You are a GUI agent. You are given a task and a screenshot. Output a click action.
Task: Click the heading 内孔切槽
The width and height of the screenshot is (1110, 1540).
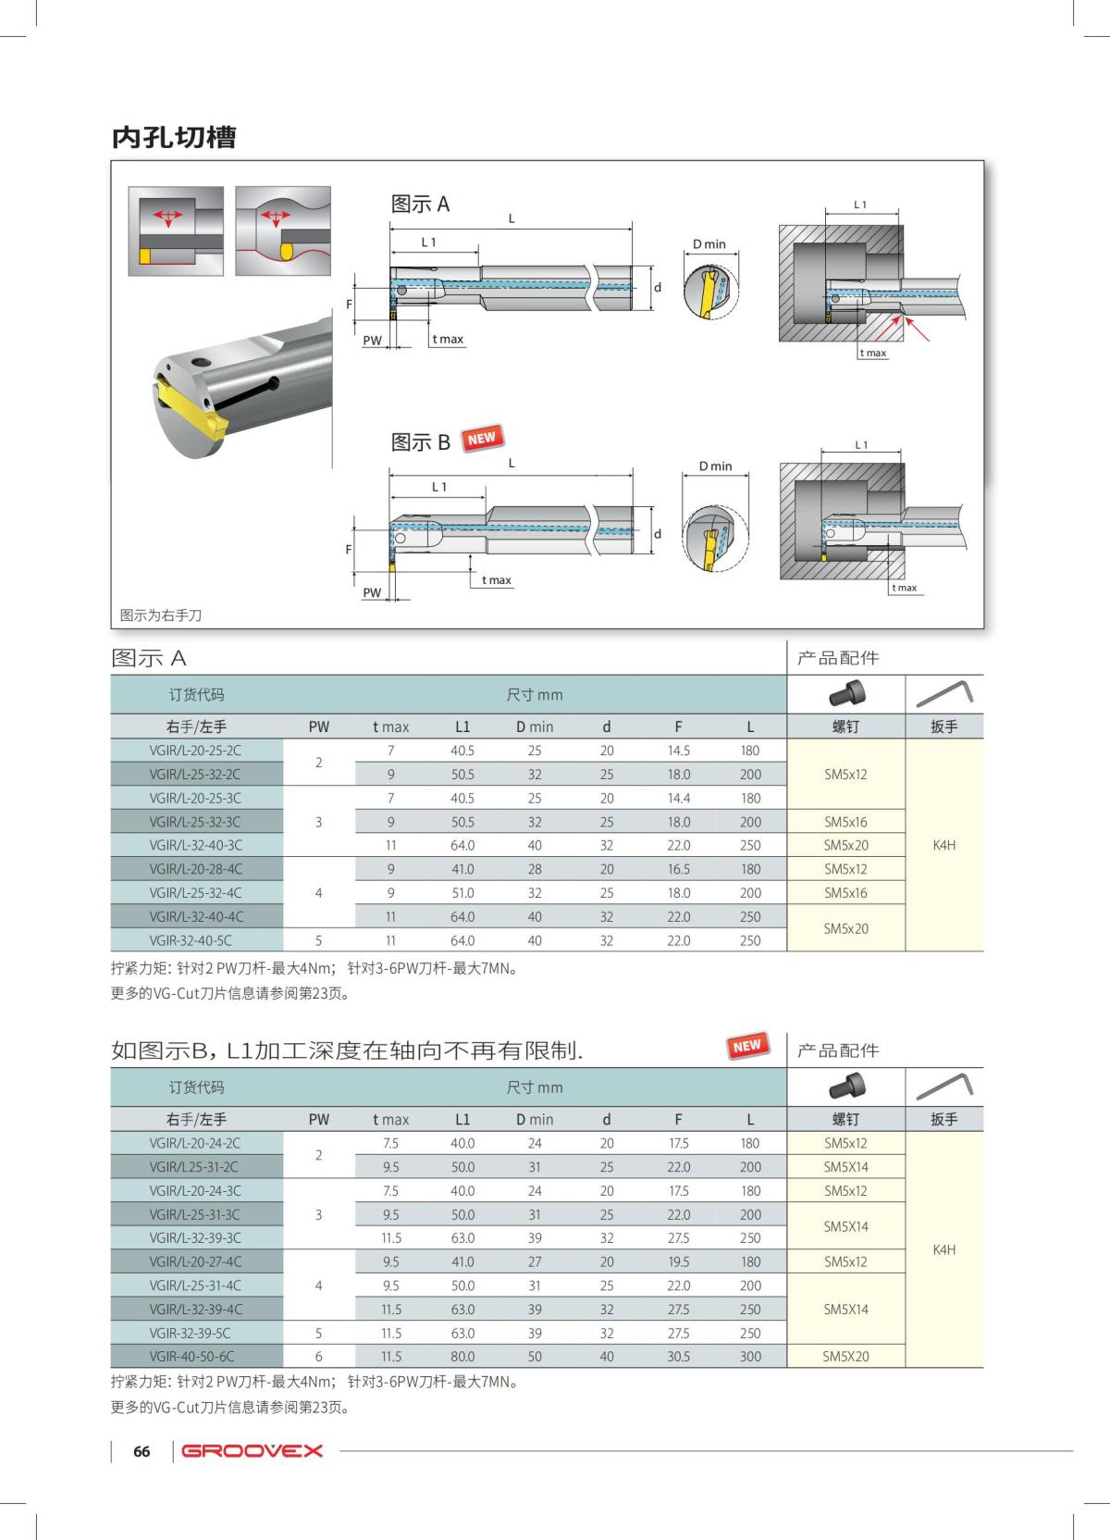pos(174,137)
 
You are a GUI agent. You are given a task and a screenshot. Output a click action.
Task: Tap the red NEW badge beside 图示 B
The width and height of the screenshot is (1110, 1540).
pos(481,439)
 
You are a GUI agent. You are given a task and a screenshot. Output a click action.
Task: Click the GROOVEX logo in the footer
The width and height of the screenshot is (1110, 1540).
pos(252,1450)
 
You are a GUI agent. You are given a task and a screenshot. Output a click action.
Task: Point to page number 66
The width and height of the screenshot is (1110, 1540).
pos(142,1451)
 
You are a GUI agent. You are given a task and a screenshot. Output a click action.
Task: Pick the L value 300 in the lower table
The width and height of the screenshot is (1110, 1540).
pos(750,1357)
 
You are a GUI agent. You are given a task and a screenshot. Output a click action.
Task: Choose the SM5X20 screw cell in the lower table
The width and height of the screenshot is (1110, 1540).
pos(845,1357)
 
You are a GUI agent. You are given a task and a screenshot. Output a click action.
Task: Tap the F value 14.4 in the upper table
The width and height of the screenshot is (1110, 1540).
pos(678,798)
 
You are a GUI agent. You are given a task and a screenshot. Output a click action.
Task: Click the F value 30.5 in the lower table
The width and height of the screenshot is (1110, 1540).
pos(678,1357)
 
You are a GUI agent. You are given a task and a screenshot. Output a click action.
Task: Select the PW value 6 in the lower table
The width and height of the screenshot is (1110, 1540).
pos(318,1357)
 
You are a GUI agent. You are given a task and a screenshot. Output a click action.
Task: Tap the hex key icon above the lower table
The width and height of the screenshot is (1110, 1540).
pos(943,1086)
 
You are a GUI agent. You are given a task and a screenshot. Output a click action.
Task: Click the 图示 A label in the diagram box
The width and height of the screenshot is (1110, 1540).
pos(420,205)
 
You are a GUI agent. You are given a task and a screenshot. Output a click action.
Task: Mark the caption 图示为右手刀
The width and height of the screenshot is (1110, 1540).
pos(161,615)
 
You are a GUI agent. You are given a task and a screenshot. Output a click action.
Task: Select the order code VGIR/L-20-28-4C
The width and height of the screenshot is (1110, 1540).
pos(195,869)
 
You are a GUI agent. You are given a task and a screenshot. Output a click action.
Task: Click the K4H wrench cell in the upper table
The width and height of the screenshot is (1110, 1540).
pos(943,845)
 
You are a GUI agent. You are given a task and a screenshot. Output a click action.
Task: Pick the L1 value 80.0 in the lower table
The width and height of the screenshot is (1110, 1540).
pos(462,1357)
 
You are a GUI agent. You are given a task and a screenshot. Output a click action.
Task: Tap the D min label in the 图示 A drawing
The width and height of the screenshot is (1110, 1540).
pos(709,244)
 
